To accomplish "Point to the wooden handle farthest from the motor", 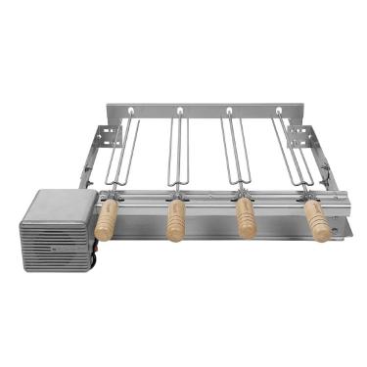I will tap(317, 220).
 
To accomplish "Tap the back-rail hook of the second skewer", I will tap(179, 112).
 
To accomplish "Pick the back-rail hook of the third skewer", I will tap(229, 112).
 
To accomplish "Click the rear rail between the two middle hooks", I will tap(204, 110).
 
